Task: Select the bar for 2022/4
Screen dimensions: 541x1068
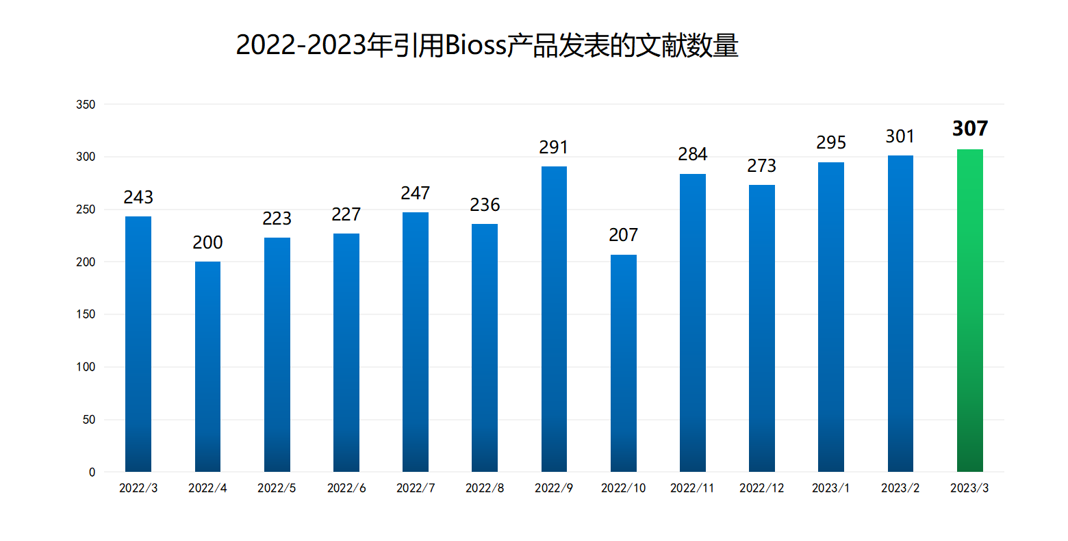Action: coord(207,366)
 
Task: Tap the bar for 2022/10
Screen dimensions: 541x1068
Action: coord(623,363)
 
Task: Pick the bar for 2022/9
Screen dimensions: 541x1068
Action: coord(554,319)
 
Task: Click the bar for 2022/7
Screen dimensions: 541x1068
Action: coord(416,342)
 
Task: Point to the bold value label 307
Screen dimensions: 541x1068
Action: coord(970,129)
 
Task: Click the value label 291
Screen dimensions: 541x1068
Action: coord(554,147)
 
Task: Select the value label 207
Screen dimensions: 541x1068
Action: coord(623,235)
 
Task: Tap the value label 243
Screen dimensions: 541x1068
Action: coord(138,197)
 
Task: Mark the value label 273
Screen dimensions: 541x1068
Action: coord(761,166)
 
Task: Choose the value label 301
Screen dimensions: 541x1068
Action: coord(900,137)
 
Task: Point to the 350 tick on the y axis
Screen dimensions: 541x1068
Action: coord(86,105)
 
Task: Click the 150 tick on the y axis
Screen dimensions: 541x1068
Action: coord(86,314)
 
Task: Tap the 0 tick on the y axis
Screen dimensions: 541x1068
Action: coord(92,473)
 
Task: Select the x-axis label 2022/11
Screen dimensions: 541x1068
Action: coord(692,488)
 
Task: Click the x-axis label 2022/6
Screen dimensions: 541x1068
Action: coord(346,488)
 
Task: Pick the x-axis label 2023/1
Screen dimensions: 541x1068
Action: coord(830,488)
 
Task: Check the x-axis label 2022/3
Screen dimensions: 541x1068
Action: coord(138,488)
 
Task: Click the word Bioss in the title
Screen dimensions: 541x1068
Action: coord(475,46)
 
